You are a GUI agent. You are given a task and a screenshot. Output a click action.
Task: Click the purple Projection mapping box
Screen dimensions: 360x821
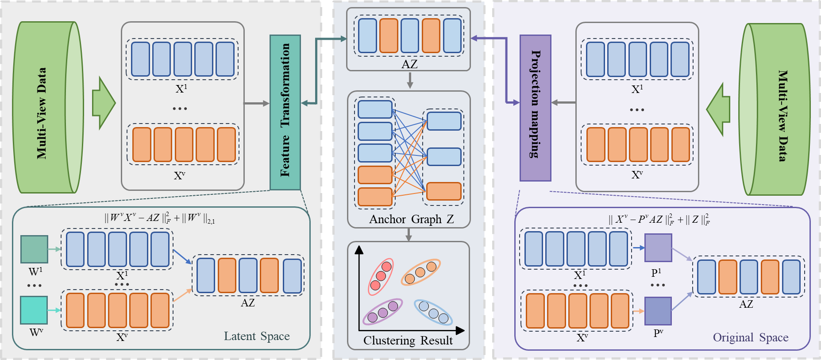point(535,108)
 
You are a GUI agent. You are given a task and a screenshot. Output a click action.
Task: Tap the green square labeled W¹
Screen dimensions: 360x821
point(34,249)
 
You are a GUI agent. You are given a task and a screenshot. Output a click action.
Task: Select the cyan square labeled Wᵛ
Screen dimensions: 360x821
point(34,310)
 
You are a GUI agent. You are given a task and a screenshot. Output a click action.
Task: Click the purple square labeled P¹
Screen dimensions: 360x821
point(658,248)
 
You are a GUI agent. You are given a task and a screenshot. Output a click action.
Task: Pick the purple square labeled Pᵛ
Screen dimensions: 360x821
point(658,311)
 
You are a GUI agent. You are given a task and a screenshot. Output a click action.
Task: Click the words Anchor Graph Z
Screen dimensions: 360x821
point(411,219)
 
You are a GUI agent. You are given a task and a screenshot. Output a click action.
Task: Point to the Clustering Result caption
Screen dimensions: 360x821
point(408,340)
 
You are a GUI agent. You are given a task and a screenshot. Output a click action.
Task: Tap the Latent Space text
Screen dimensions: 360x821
point(257,336)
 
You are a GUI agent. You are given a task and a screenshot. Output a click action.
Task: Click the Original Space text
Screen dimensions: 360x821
point(751,337)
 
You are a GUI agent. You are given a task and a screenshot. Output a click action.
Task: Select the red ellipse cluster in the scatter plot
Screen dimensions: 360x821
point(381,276)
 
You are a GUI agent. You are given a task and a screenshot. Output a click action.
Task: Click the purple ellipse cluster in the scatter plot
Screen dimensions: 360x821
point(382,312)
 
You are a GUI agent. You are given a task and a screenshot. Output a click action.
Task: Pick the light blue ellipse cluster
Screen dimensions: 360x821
point(433,312)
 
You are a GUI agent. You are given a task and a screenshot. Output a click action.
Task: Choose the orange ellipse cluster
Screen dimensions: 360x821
point(420,272)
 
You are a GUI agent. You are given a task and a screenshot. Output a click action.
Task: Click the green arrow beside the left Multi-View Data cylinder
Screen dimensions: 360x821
point(103,103)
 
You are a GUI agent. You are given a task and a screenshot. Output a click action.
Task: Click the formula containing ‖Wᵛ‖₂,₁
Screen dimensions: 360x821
point(160,218)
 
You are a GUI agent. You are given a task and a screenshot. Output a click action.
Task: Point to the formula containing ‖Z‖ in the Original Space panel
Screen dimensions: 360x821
point(659,219)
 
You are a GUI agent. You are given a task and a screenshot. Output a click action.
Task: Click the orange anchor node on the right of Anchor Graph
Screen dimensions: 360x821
point(443,191)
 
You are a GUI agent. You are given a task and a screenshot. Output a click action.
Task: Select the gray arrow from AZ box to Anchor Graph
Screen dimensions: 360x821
point(410,80)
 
